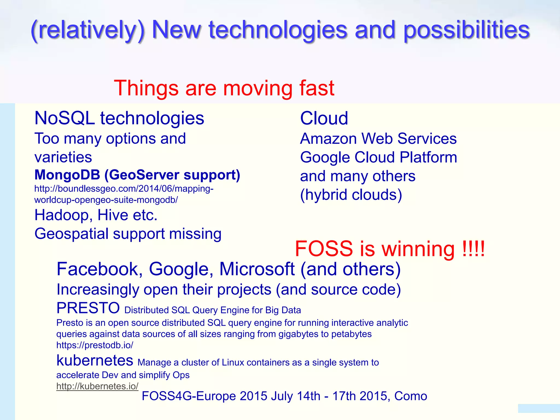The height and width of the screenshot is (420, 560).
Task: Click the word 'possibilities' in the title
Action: [466, 30]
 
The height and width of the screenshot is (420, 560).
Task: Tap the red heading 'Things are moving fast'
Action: [224, 88]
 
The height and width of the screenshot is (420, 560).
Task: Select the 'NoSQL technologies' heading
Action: [119, 118]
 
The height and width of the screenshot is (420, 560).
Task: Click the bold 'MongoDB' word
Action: [67, 175]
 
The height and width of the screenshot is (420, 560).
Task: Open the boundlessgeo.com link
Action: [124, 194]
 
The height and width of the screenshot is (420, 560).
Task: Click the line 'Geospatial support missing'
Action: [128, 234]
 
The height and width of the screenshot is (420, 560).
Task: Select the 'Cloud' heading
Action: [324, 118]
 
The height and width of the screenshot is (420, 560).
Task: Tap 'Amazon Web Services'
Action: [378, 139]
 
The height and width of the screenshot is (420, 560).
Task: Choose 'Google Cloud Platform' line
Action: [378, 157]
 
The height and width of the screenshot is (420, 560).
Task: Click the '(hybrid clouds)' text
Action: [351, 195]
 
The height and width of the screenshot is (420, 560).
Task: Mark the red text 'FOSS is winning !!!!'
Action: [390, 249]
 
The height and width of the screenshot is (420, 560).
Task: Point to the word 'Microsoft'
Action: [257, 269]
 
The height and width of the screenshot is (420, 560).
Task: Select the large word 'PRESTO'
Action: [88, 308]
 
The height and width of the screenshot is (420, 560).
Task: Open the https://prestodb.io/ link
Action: [95, 345]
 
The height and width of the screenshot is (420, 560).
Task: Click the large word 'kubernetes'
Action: [95, 360]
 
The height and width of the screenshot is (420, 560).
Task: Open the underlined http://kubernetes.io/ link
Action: [97, 386]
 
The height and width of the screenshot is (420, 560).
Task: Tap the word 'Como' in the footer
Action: [410, 396]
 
